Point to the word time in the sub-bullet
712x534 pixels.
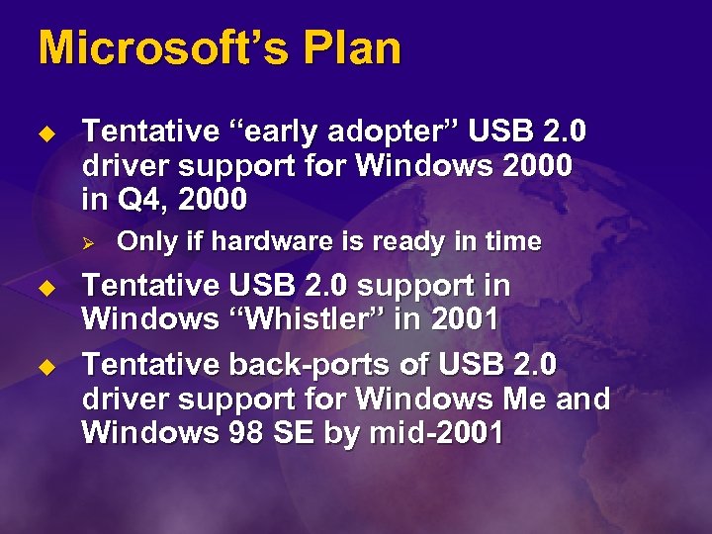(507, 241)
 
